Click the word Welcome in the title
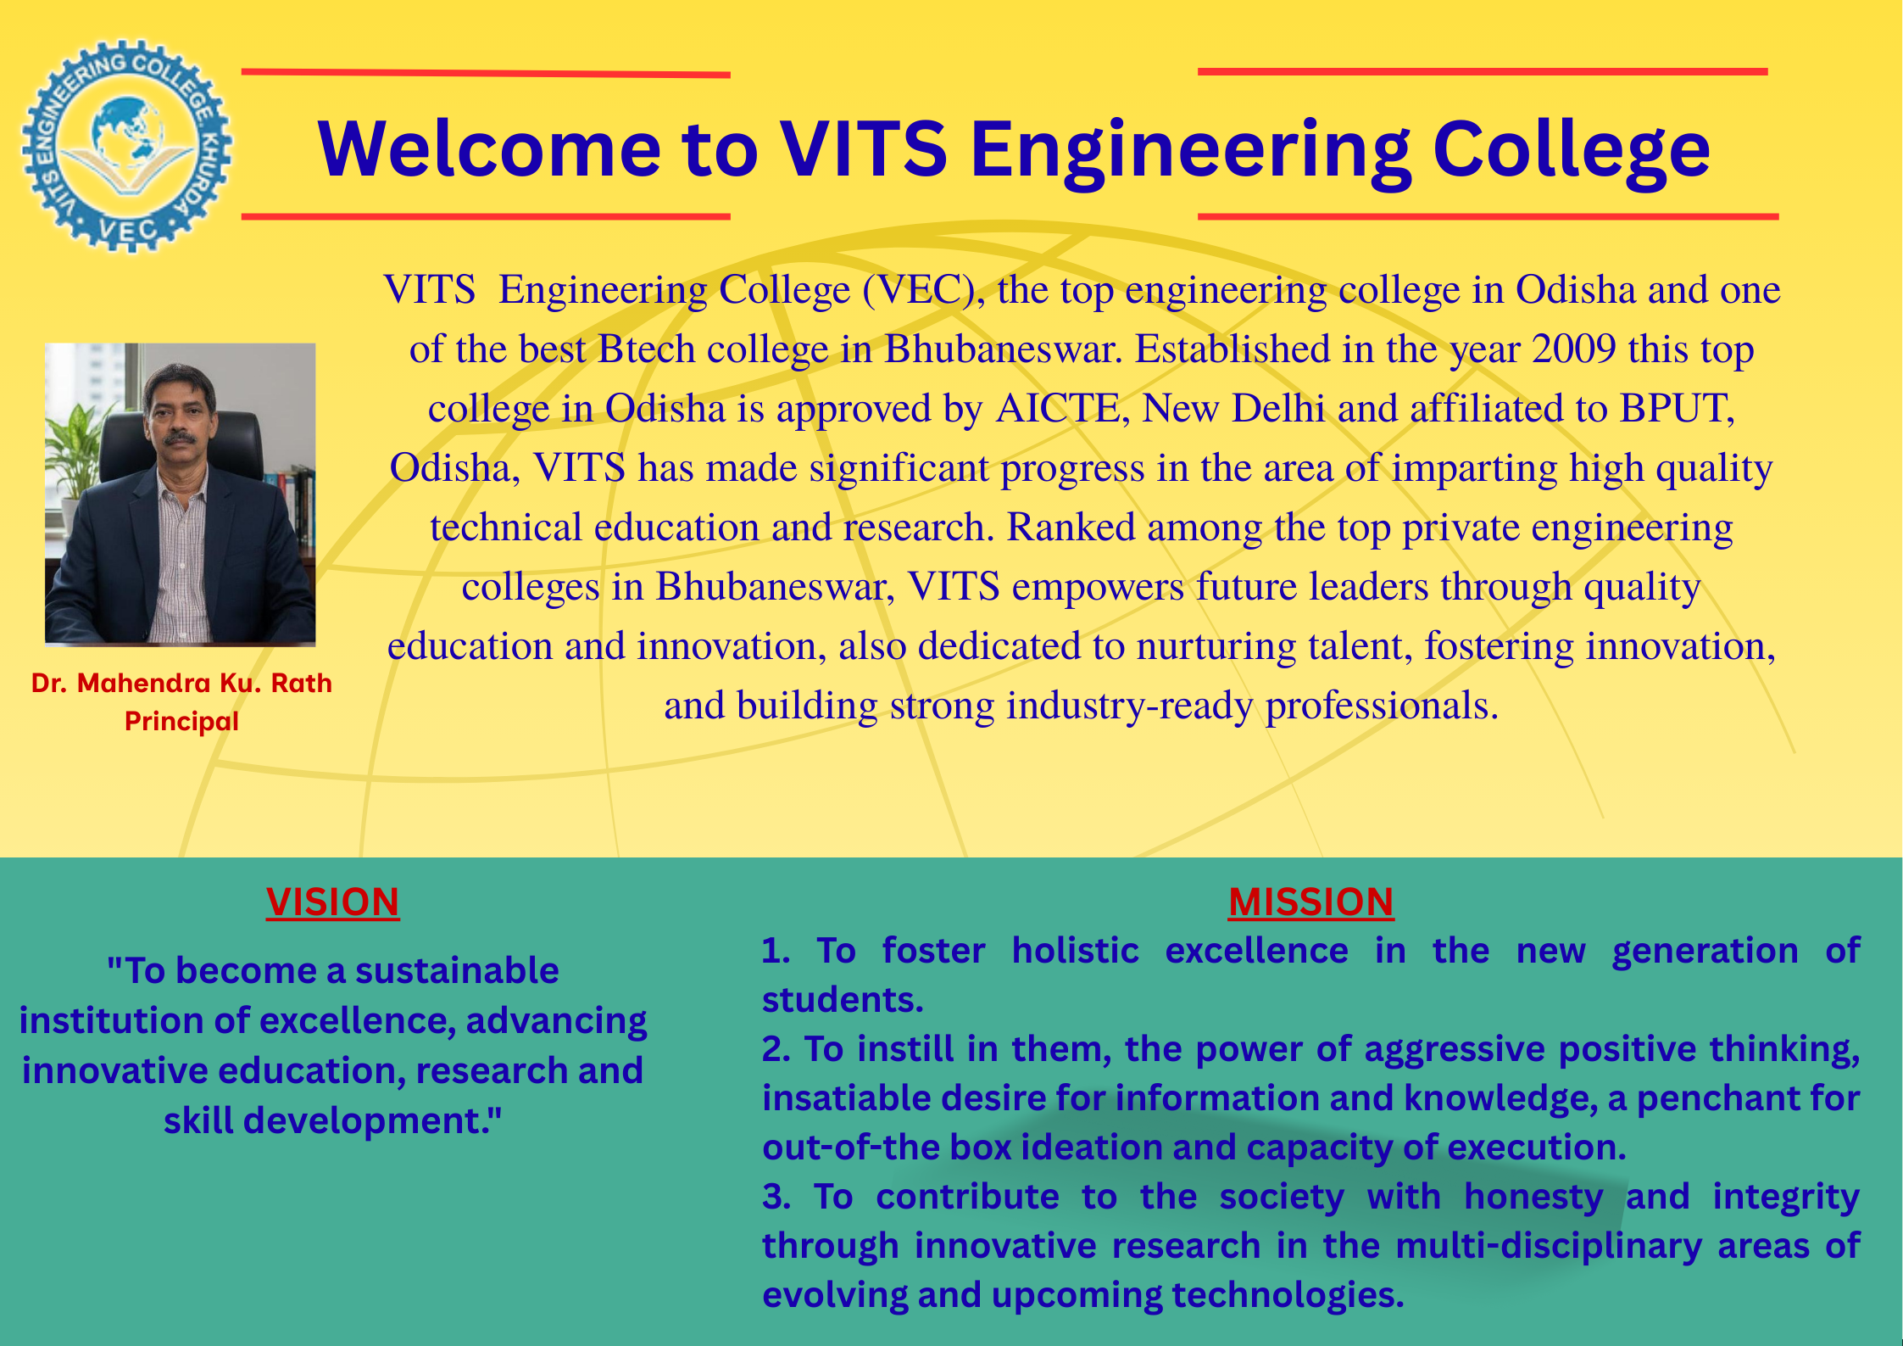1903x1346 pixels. pyautogui.click(x=489, y=149)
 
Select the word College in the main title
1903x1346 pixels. pyautogui.click(x=1571, y=151)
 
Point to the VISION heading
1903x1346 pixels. pyautogui.click(x=332, y=902)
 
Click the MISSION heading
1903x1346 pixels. pyautogui.click(x=1310, y=902)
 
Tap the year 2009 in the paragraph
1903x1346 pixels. pyautogui.click(x=1574, y=349)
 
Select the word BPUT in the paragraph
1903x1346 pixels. pyautogui.click(x=1676, y=408)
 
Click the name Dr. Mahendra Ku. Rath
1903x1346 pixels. pyautogui.click(x=181, y=683)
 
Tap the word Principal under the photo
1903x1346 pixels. pyautogui.click(x=181, y=721)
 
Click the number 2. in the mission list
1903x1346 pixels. pyautogui.click(x=776, y=1049)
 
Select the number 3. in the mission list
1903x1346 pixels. pyautogui.click(x=776, y=1197)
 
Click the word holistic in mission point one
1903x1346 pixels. pyautogui.click(x=1075, y=951)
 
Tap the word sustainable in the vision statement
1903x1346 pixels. pyautogui.click(x=457, y=970)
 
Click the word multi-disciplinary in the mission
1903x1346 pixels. pyautogui.click(x=1549, y=1247)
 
